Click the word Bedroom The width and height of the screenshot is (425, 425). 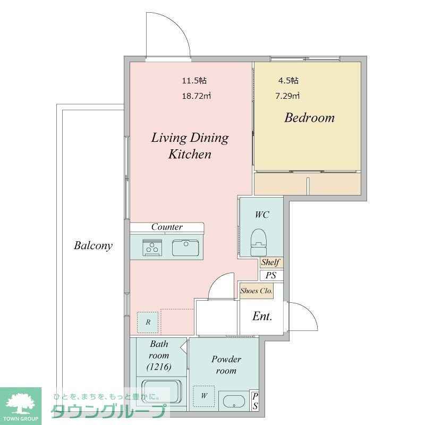click(309, 118)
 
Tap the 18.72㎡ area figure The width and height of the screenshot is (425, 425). click(196, 96)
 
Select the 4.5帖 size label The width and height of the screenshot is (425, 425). click(288, 81)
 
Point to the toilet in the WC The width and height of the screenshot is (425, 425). click(258, 242)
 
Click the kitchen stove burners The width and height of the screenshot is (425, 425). click(152, 248)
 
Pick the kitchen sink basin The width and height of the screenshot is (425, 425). click(185, 248)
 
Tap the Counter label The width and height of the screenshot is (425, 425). click(167, 227)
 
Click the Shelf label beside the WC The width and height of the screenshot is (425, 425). click(270, 262)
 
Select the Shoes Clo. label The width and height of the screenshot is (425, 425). click(257, 291)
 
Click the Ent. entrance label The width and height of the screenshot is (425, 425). click(262, 316)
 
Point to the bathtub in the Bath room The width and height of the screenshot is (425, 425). click(161, 392)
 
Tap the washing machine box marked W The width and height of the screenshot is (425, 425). click(204, 396)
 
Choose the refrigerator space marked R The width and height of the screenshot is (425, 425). click(148, 322)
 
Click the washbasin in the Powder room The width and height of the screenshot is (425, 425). click(234, 401)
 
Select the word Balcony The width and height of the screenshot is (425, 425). click(93, 245)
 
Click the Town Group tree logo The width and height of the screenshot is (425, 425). click(21, 404)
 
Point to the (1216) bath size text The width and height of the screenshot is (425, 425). click(159, 367)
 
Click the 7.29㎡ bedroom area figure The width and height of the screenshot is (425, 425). click(287, 96)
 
